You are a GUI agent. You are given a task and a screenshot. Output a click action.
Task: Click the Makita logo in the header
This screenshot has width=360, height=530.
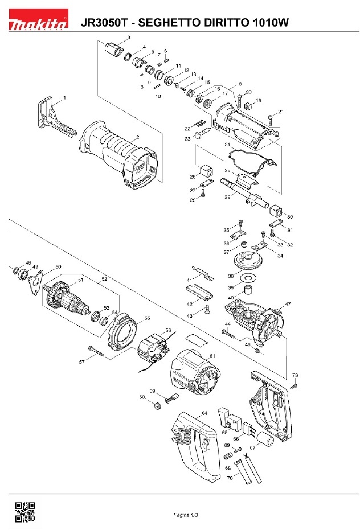pyautogui.click(x=38, y=23)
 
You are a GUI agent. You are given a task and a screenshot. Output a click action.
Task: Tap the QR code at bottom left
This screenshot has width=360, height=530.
pyautogui.click(x=24, y=512)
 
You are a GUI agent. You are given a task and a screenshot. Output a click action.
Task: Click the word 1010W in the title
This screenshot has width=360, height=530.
pyautogui.click(x=269, y=23)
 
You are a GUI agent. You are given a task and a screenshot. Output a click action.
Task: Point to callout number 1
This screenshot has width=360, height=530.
pyautogui.click(x=64, y=97)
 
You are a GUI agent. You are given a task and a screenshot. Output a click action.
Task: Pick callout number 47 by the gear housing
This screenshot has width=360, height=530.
pyautogui.click(x=288, y=305)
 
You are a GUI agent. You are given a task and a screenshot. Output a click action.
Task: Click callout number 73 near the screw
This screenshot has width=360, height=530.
pyautogui.click(x=295, y=375)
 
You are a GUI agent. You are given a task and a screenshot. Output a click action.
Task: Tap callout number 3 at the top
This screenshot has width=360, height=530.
pyautogui.click(x=128, y=37)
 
